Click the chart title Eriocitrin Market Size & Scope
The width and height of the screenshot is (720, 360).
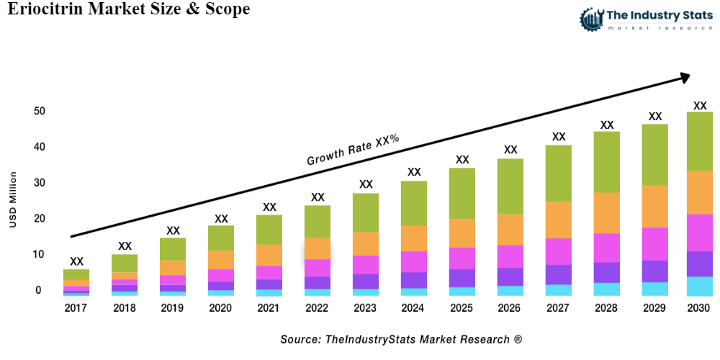pos(130,9)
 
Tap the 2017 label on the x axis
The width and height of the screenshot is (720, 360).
pos(76,307)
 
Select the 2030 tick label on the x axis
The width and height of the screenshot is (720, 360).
pos(699,307)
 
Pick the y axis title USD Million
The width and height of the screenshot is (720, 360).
pos(12,200)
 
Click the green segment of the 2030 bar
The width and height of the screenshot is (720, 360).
pos(699,141)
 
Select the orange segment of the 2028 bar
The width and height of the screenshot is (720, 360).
pos(606,212)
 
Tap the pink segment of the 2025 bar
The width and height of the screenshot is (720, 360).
pos(462,258)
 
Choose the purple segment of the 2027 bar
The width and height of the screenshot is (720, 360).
pos(558,274)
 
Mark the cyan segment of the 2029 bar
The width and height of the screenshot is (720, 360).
pos(654,288)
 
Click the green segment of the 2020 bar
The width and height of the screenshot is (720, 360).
pos(221,238)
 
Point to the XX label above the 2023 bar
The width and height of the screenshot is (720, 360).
pos(366,184)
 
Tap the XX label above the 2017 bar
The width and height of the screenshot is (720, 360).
pos(76,261)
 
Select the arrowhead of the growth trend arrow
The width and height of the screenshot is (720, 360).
pos(684,76)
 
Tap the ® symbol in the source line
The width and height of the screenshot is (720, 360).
pos(518,338)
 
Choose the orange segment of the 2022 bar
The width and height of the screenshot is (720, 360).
pos(318,248)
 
